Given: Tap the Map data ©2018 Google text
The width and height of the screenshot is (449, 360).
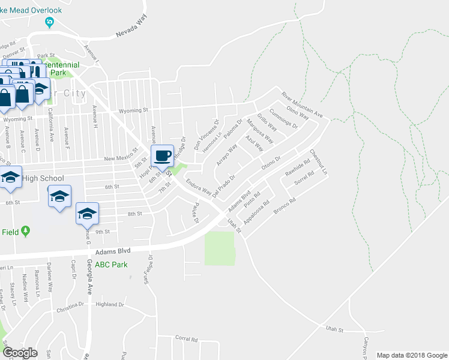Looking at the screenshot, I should point(412,355).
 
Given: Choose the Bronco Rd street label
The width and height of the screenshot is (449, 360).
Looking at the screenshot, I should point(285,207).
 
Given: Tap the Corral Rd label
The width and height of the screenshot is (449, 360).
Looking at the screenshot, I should point(187,339).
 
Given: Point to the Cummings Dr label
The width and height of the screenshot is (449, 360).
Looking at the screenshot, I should point(283,118).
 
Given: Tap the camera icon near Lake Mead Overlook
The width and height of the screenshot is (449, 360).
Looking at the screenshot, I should point(49,22).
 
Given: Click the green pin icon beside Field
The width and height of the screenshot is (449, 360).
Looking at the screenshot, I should point(25,231).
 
